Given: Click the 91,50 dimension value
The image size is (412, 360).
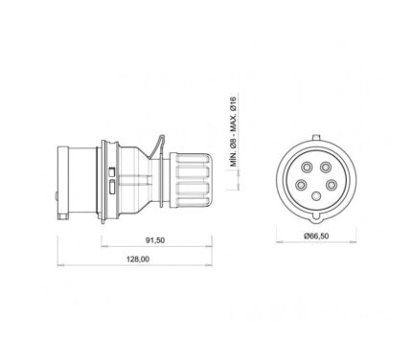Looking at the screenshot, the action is point(155,240).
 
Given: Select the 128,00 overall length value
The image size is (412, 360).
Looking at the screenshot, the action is point(138,259).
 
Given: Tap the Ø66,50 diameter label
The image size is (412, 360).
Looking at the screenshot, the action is point(316,236).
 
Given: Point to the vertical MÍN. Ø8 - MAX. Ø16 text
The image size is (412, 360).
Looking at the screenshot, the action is point(234,131).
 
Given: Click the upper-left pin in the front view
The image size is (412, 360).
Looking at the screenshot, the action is point(308,167).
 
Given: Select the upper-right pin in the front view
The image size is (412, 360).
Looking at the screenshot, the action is point(326,167).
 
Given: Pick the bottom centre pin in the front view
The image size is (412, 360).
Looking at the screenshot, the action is point(316,196).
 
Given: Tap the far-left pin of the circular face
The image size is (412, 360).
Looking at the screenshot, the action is point(301,185).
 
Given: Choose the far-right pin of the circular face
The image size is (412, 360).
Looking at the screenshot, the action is point(332,185).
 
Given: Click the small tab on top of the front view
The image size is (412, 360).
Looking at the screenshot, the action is point(316,137).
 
